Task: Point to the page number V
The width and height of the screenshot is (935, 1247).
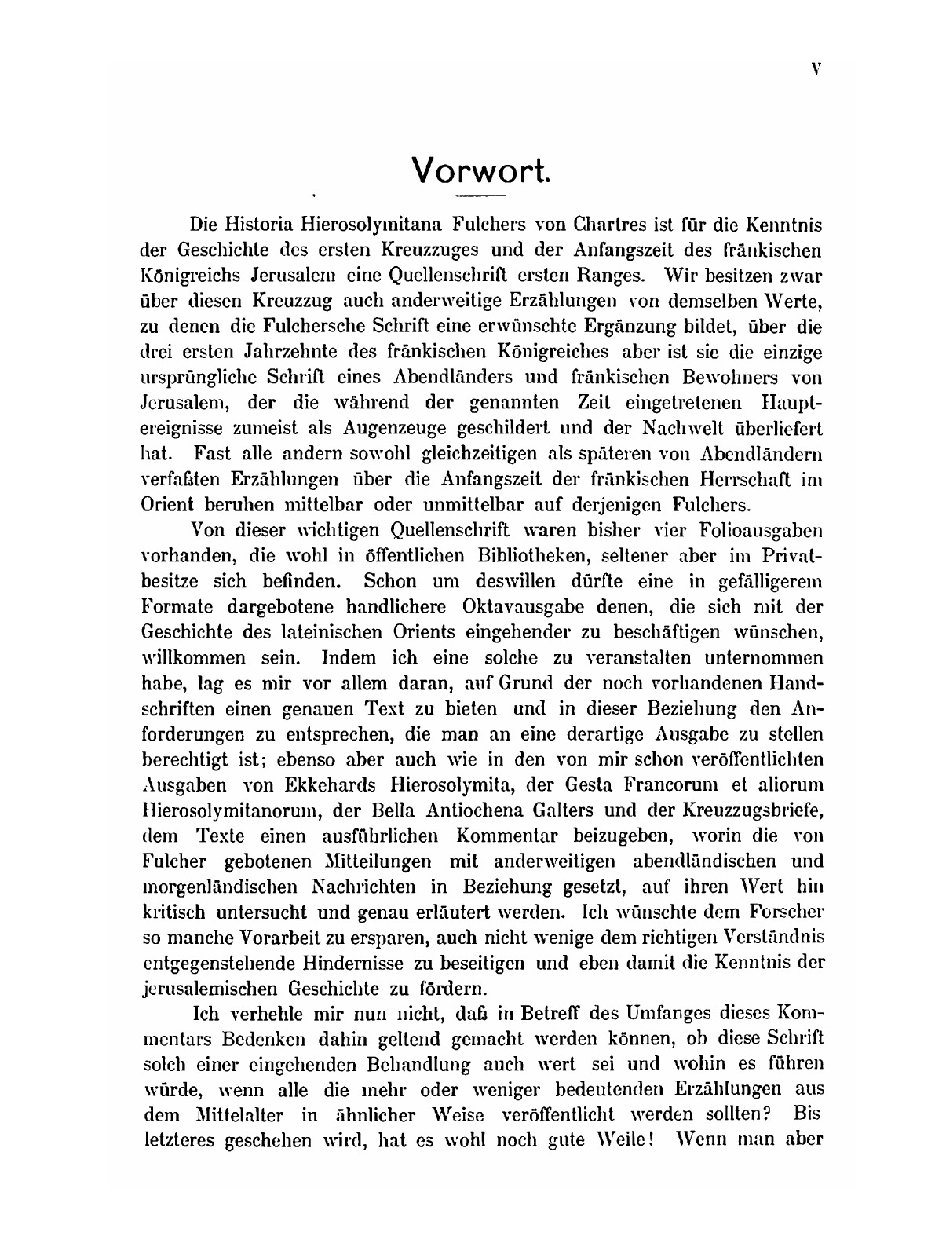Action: click(816, 69)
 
